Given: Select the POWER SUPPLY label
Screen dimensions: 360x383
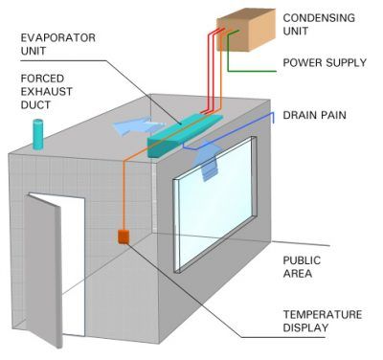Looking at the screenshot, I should coord(324,64).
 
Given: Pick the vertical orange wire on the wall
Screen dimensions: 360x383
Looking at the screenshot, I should coord(124,191).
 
